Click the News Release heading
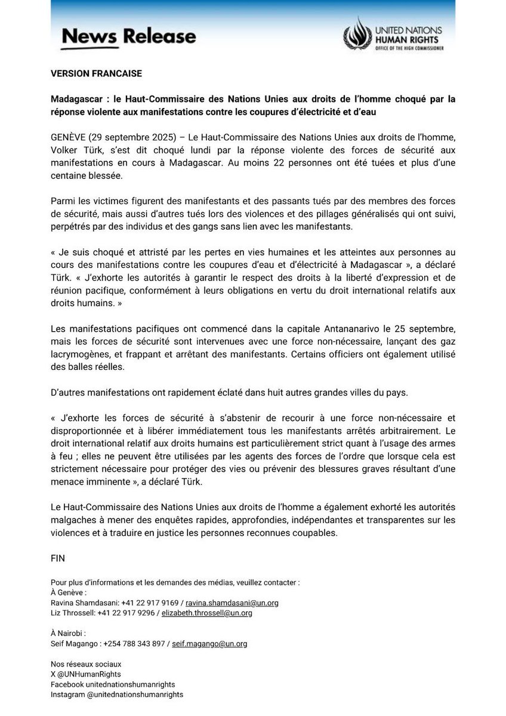coord(128,37)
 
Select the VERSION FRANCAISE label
coord(96,74)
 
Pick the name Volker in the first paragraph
coord(66,150)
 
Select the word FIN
coord(57,558)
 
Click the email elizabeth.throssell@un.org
coord(206,613)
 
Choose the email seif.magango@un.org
coord(209,644)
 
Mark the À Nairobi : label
coord(69,634)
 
